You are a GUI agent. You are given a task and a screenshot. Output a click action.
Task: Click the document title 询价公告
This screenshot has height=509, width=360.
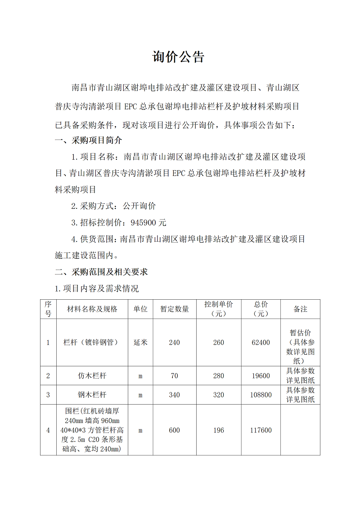[x=179, y=57]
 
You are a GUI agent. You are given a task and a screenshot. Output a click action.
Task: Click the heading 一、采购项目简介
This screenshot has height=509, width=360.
[x=88, y=140]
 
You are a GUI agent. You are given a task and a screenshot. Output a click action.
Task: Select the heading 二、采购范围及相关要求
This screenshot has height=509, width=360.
[x=101, y=272]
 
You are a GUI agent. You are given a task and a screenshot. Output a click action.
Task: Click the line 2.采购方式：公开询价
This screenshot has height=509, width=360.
[x=113, y=206]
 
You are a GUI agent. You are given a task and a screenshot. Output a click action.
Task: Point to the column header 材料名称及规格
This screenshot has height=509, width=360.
[x=92, y=309]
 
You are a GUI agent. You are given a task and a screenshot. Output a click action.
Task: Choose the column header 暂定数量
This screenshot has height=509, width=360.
[x=175, y=309]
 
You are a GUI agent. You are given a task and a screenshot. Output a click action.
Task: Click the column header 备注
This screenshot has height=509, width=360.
[x=300, y=309]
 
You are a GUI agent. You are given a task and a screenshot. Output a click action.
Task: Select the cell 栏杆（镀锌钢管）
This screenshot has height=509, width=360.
[x=92, y=342]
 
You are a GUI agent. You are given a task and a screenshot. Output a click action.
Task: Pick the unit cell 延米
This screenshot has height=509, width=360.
[x=140, y=342]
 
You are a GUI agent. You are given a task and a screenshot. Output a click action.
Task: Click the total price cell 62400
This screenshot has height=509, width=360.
[x=261, y=342]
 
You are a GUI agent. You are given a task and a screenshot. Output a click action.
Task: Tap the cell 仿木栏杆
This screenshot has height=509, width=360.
[x=92, y=376]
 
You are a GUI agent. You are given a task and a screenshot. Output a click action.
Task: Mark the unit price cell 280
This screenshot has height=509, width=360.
[x=219, y=376]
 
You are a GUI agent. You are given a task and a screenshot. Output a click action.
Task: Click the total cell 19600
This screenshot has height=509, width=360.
[x=261, y=376]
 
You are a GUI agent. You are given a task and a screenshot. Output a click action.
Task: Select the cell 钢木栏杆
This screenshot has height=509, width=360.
[x=92, y=395]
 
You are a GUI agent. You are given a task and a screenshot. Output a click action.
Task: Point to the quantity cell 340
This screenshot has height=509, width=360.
[x=174, y=395]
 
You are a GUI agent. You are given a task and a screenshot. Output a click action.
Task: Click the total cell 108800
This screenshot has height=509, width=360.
[x=261, y=395]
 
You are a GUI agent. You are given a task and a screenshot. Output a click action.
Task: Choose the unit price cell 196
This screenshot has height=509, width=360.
[x=219, y=430]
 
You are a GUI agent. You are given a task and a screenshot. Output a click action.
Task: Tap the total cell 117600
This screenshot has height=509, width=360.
[x=261, y=430]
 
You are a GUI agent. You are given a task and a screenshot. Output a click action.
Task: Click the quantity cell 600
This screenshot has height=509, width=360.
[x=174, y=430]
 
